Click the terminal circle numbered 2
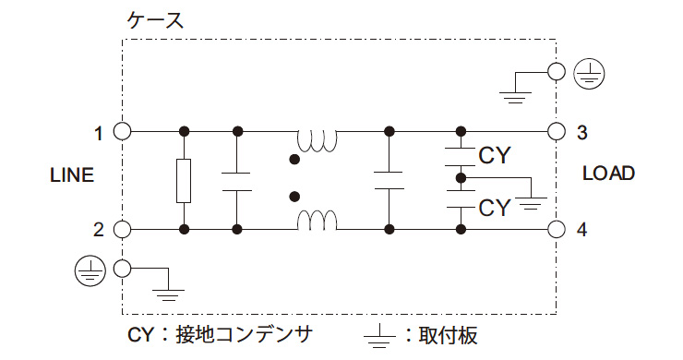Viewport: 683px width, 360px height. (121, 228)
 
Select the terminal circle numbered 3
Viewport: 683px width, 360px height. (556, 131)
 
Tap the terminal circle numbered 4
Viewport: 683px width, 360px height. (556, 228)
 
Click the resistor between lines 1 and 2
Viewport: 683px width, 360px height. (185, 180)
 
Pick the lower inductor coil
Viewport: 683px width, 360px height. (317, 221)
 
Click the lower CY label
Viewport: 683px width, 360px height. (495, 208)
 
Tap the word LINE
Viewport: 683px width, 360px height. (72, 175)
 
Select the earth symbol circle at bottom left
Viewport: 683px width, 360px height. (88, 269)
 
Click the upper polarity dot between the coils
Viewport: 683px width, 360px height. (294, 159)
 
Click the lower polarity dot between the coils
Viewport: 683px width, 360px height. (294, 197)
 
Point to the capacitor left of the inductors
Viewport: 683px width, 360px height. (237, 180)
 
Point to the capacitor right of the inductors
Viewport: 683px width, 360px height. (389, 180)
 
